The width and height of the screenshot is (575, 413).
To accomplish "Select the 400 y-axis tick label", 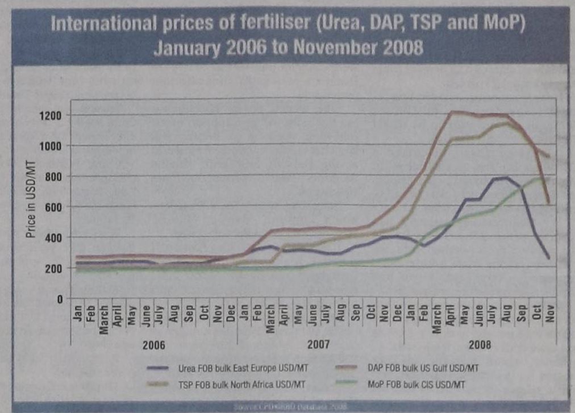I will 54,237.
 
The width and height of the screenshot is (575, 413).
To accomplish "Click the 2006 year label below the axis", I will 153,345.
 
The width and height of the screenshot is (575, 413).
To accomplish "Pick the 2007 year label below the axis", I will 320,345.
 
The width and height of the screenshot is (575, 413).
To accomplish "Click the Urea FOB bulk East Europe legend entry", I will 226,369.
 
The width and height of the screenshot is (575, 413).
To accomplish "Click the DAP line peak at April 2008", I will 452,112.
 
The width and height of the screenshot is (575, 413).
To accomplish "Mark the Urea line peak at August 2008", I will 506,178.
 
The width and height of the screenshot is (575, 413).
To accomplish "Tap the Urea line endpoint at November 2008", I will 549,258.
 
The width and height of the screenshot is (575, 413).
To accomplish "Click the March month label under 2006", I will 104,320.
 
